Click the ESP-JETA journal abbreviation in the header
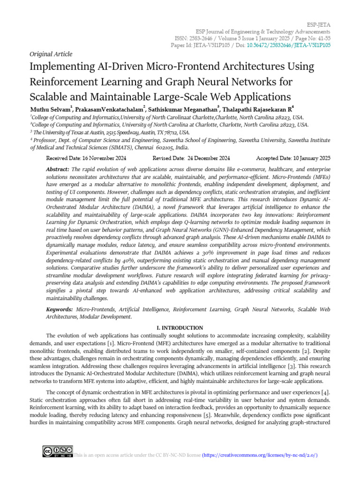click(319, 22)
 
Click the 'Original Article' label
click(48, 54)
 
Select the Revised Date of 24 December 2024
click(191, 158)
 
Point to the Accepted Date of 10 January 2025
click(293, 158)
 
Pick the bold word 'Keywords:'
click(60, 310)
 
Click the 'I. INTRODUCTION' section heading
click(180, 328)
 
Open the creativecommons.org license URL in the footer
click(260, 455)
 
